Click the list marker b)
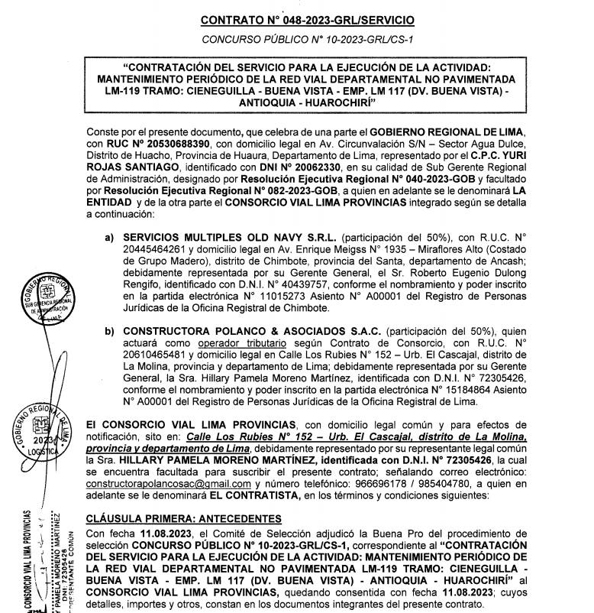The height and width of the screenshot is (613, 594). click(110, 330)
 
